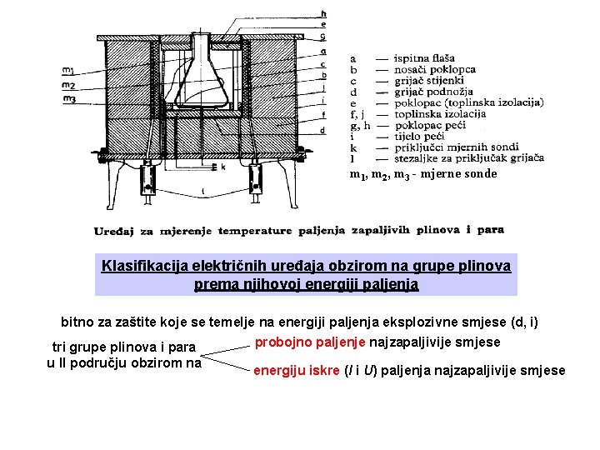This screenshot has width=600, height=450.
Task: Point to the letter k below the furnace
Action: pos(222,167)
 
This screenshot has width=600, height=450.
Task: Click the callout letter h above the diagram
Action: pos(323,14)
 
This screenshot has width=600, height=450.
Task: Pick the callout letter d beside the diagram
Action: pos(322,131)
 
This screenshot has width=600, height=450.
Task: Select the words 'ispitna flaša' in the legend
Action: pos(425,59)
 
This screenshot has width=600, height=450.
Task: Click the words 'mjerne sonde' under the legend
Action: pos(458,174)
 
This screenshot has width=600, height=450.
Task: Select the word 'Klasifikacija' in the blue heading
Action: pos(143,267)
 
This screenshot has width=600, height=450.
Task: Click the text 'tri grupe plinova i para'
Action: pos(124,347)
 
